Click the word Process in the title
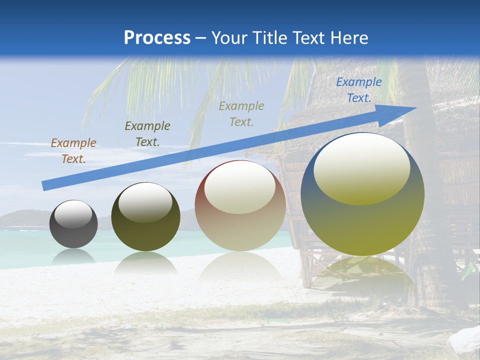coord(157,38)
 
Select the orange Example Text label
coord(73,151)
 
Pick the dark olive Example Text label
coord(147,134)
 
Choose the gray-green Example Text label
coord(241,114)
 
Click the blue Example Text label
coord(358,90)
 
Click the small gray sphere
coord(73,224)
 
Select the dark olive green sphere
coord(145,217)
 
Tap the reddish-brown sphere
coord(240,205)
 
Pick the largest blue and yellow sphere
coord(362,194)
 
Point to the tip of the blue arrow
coord(414,108)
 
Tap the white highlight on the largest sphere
coord(361,168)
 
